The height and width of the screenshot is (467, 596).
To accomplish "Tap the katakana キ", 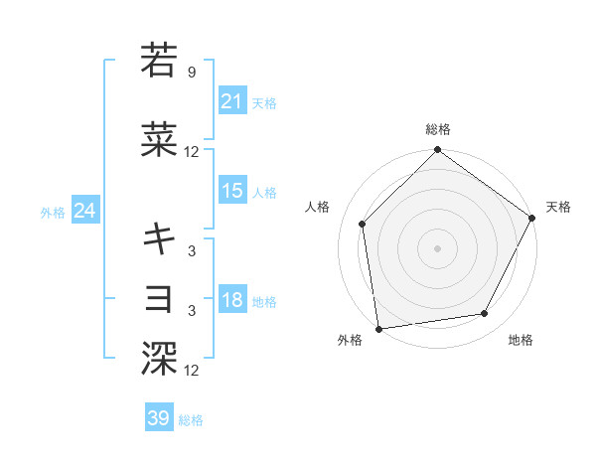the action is [159, 238].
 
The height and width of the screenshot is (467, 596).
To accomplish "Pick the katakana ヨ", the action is [159, 299].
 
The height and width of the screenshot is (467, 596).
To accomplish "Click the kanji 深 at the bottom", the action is [159, 357].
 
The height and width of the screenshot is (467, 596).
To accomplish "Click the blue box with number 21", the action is [231, 100].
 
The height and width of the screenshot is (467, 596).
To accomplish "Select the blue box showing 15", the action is [231, 191].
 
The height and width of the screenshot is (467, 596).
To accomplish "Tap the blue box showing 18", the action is [231, 300].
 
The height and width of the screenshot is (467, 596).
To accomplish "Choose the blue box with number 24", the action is [84, 211].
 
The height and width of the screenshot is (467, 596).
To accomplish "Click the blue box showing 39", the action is [159, 418].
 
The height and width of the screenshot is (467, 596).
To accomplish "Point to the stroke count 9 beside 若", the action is [191, 72].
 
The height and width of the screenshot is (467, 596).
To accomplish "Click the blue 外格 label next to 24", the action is [52, 212].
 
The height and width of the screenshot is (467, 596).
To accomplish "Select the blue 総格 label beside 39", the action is [191, 420].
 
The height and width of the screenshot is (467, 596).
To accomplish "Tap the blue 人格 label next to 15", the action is [264, 192].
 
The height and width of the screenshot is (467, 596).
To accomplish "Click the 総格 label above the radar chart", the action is [437, 129].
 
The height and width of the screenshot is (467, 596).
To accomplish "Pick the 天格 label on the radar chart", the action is [558, 207].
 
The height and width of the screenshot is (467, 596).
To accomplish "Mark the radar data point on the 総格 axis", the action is [437, 151].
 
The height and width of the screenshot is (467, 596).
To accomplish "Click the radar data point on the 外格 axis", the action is [378, 328].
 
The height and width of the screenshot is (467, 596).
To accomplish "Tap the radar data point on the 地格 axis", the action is [485, 313].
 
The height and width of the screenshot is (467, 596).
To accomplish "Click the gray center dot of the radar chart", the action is [437, 247].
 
